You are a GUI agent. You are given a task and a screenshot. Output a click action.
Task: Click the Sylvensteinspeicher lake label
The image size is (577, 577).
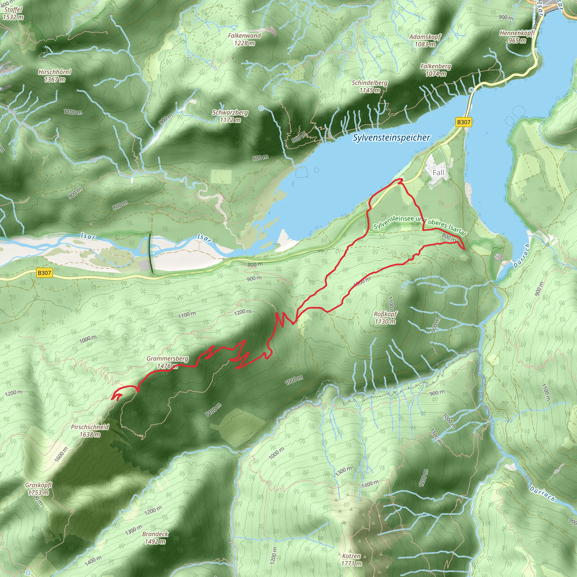click(x=391, y=138)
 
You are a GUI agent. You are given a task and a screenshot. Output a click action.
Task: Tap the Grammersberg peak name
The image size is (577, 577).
click(x=167, y=359)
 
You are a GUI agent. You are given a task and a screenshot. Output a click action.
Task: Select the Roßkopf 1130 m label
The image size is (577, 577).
click(x=385, y=318)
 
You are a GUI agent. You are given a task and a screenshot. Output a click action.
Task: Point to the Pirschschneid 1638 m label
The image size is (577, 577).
click(x=90, y=430)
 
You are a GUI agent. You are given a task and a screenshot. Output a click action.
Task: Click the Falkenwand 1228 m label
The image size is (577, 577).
click(x=244, y=39)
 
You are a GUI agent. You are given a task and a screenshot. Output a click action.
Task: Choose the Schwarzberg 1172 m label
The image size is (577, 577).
click(x=230, y=116)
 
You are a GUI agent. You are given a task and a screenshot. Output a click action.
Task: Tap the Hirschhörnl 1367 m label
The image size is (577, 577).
click(x=55, y=76)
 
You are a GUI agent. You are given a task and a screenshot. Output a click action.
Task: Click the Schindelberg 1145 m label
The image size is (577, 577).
click(x=369, y=86)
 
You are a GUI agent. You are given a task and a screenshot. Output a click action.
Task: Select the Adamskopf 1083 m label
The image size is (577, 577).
click(x=425, y=40)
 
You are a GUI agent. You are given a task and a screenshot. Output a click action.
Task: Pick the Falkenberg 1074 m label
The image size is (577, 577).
click(x=436, y=70)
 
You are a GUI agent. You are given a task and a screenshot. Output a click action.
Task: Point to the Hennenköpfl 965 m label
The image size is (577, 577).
click(x=517, y=36)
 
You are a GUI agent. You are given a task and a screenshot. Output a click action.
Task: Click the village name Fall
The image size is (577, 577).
click(x=438, y=172)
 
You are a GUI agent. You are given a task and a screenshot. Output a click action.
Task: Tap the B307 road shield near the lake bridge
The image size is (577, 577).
click(x=463, y=122)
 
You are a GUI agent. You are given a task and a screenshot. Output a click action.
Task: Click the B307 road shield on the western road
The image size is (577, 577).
click(x=44, y=273)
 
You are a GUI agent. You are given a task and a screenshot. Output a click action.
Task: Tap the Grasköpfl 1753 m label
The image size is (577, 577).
click(x=38, y=489)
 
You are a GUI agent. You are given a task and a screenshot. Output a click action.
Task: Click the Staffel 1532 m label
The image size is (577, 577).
click(x=13, y=13)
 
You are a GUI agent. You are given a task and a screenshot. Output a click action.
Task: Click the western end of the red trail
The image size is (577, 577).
click(x=112, y=398)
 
